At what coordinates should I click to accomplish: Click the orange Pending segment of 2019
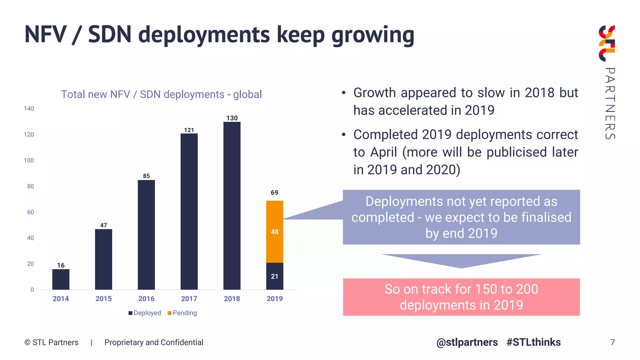(274, 232)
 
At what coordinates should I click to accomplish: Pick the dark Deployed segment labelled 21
(274, 276)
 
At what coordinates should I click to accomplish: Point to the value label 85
(146, 176)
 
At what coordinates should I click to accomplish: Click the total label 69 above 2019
(274, 192)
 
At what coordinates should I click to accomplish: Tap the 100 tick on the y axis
(29, 160)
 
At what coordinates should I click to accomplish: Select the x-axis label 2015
(103, 299)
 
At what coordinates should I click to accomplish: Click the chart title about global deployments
(161, 94)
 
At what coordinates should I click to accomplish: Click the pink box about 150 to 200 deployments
(461, 297)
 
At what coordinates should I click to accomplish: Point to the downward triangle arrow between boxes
(461, 260)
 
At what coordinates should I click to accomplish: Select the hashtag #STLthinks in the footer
(533, 342)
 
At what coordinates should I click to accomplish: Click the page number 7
(612, 342)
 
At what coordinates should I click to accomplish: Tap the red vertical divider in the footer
(91, 342)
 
